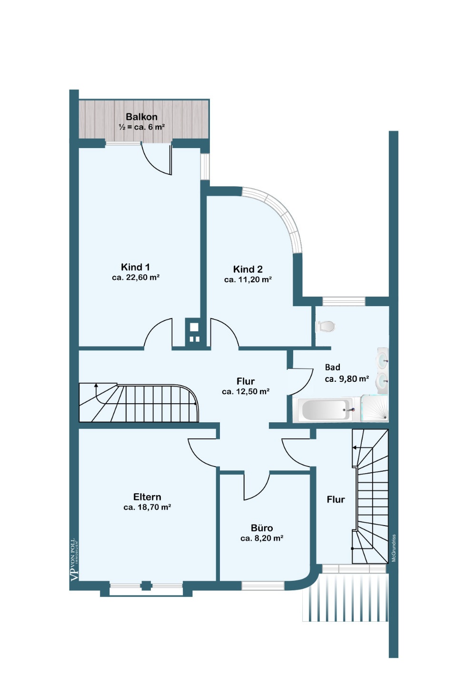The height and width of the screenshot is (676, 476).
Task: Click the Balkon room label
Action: click(141, 117)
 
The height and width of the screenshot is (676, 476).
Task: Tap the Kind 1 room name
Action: click(135, 267)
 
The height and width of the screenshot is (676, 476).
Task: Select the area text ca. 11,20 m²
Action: click(248, 279)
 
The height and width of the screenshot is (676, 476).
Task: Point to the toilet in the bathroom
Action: click(325, 326)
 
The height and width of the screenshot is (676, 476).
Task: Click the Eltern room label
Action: click(147, 497)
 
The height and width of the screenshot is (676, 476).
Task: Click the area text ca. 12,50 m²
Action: click(246, 392)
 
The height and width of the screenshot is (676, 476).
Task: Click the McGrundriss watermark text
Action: click(394, 548)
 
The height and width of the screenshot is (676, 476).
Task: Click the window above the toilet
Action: click(344, 301)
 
